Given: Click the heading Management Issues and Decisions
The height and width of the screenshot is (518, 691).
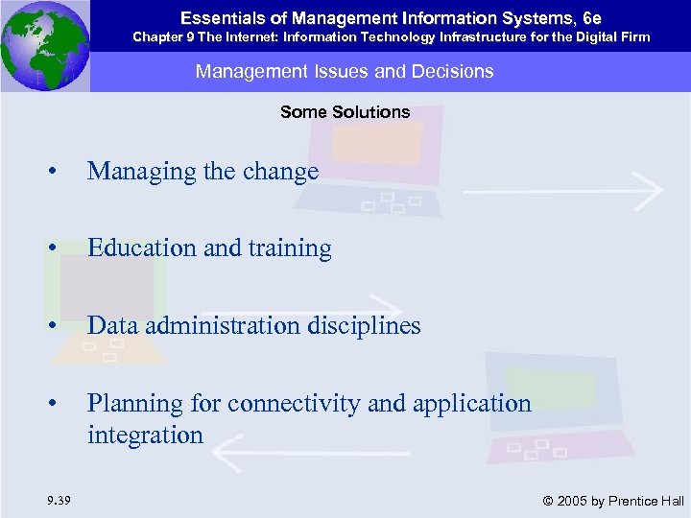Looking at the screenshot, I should pyautogui.click(x=345, y=71).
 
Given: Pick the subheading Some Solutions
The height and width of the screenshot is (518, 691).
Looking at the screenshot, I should pyautogui.click(x=345, y=112).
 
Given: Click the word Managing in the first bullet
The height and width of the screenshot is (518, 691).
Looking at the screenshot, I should pyautogui.click(x=133, y=173).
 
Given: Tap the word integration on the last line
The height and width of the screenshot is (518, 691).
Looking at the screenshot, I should pyautogui.click(x=145, y=436).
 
